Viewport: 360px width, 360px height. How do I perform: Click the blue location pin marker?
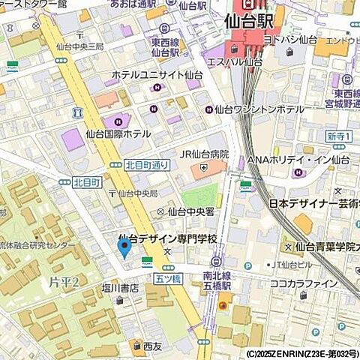pyautogui.click(x=124, y=246)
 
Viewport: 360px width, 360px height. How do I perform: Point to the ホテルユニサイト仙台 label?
pyautogui.click(x=157, y=75)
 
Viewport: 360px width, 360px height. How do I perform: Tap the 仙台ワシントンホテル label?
pyautogui.click(x=259, y=109)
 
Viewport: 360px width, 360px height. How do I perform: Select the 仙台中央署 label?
pyautogui.click(x=193, y=211)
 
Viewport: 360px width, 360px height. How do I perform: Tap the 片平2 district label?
pyautogui.click(x=68, y=280)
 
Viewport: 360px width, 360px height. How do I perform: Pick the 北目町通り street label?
pyautogui.click(x=149, y=165)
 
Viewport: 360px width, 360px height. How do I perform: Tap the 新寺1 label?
pyautogui.click(x=339, y=135)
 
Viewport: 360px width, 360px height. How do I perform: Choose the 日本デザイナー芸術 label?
pyautogui.click(x=311, y=204)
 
